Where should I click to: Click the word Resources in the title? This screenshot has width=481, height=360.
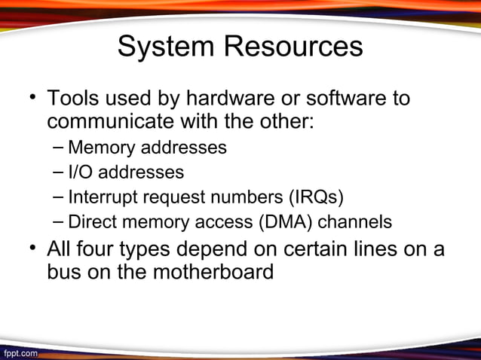pos(293,47)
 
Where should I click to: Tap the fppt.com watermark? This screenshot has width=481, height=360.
pos(20,352)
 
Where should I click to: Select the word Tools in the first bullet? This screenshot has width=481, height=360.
pos(74,99)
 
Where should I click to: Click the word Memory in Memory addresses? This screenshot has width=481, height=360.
pos(100,147)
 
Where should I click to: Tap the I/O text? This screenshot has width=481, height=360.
pos(81,172)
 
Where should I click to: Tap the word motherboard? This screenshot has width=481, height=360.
pos(213,271)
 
